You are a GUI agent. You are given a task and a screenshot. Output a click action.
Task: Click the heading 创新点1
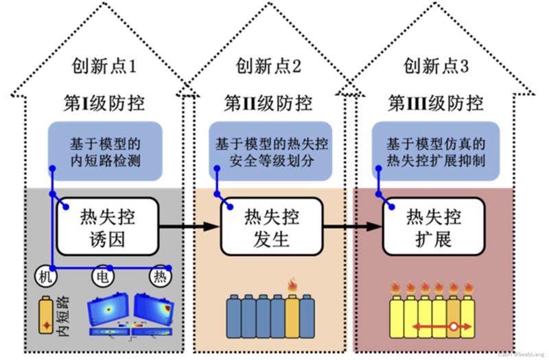coord(104,67)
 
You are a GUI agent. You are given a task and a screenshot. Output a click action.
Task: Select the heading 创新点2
coord(268,67)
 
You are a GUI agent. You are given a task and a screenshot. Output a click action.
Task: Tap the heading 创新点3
coord(436,67)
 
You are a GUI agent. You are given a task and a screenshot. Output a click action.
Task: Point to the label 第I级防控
coord(104,104)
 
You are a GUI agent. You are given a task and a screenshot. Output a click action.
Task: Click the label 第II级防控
coord(268,104)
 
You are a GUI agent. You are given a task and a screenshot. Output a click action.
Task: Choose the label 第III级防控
coord(436,104)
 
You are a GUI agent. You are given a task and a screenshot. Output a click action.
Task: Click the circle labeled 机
coord(45,276)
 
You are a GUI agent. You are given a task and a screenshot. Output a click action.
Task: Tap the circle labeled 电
coord(102,276)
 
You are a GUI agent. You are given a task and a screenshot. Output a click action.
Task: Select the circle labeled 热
coord(160,276)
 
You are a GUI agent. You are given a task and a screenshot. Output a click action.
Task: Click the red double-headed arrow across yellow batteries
coord(439,327)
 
